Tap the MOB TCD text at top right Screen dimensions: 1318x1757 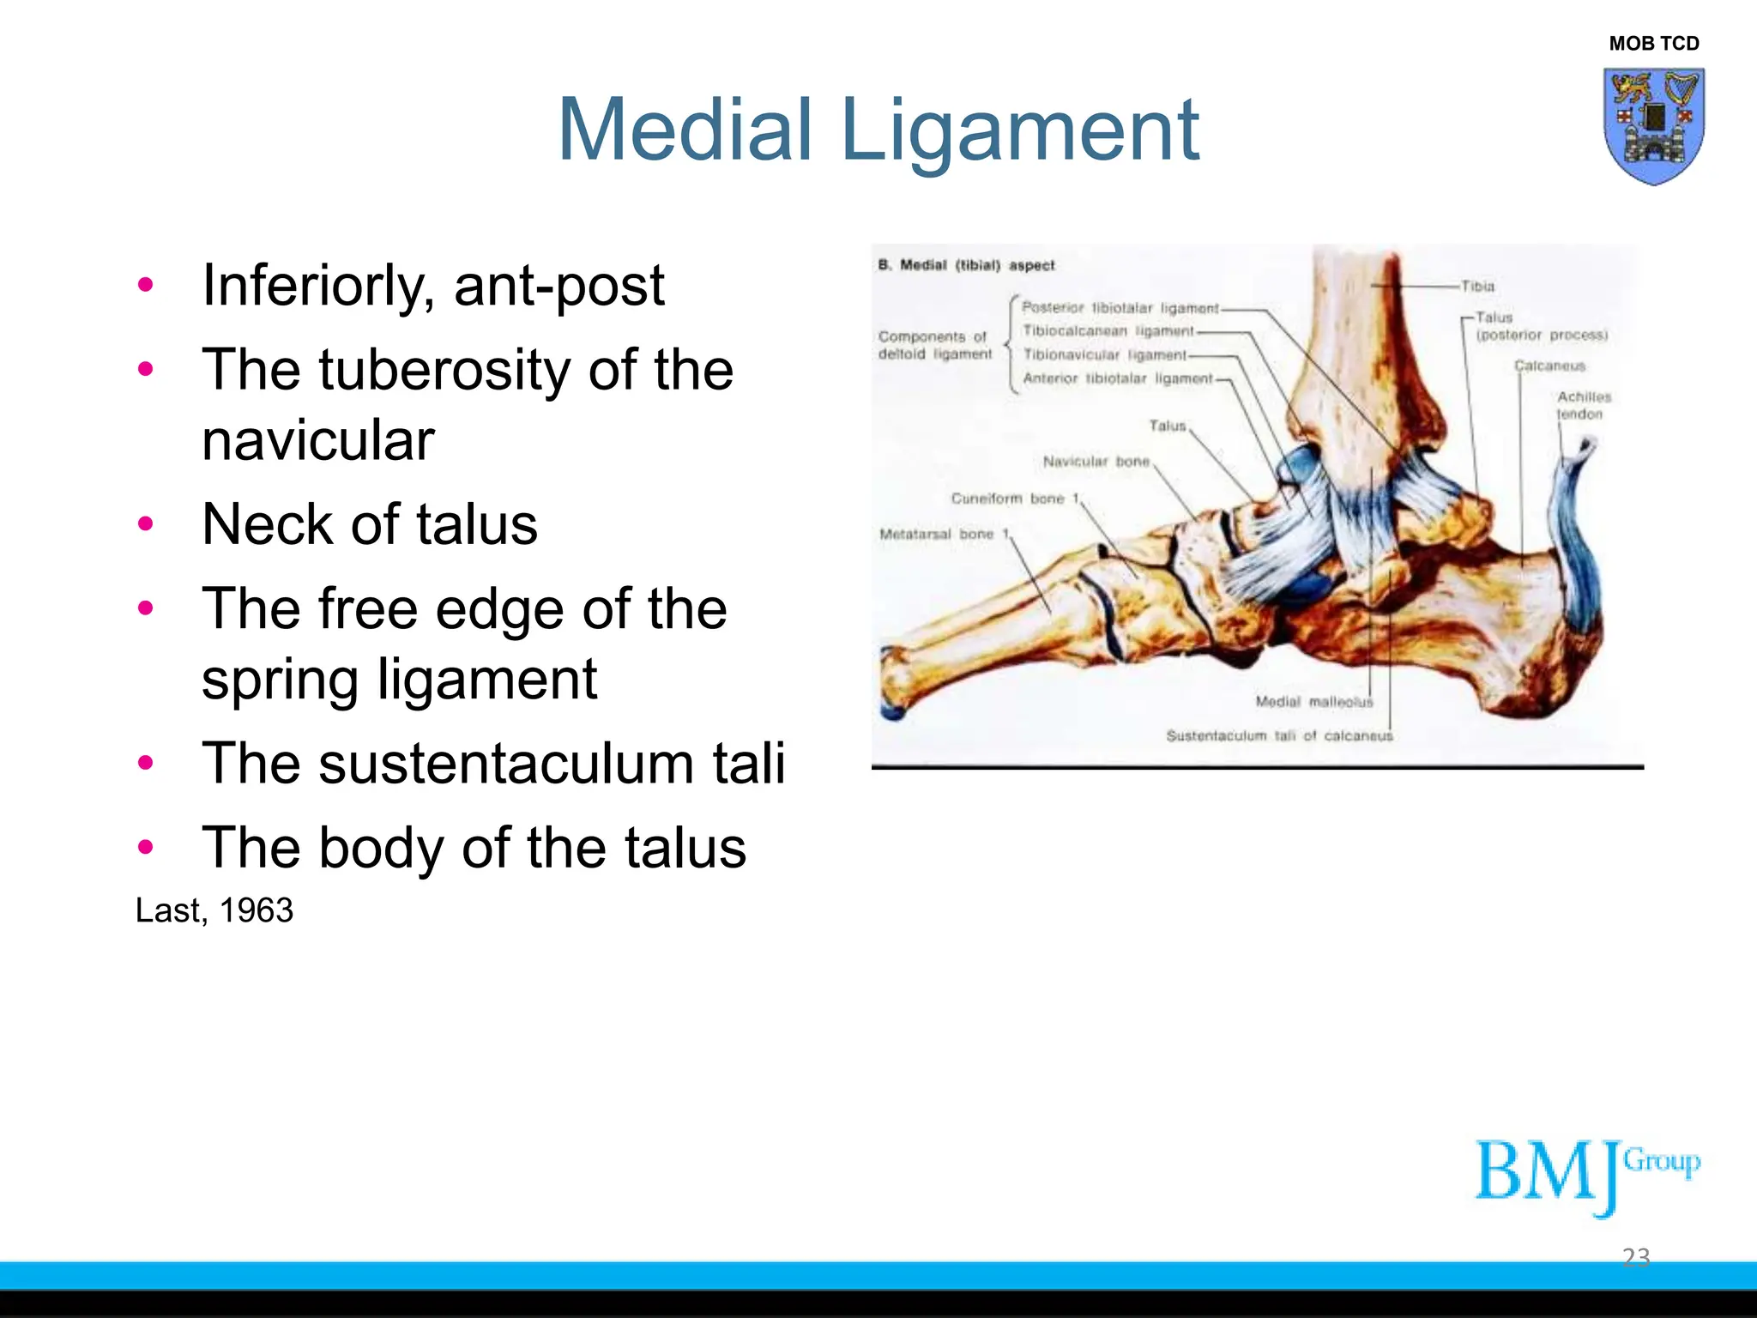[1653, 43]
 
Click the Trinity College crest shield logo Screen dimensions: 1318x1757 [1653, 125]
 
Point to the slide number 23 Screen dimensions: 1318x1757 [1635, 1257]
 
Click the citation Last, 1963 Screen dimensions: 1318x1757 [214, 910]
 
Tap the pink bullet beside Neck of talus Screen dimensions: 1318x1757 [146, 523]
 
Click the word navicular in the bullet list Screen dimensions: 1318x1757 [317, 440]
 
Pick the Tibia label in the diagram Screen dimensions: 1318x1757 [1477, 286]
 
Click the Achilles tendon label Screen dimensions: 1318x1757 [1583, 405]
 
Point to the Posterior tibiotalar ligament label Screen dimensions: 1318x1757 [1120, 308]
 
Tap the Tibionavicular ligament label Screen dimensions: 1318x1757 [1105, 354]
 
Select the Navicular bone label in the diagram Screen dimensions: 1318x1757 [1096, 462]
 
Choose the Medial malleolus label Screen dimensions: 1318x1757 [1313, 702]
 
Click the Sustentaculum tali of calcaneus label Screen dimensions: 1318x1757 [1278, 736]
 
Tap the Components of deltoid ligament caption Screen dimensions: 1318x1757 [933, 345]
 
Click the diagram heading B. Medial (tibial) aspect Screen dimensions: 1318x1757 [966, 265]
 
